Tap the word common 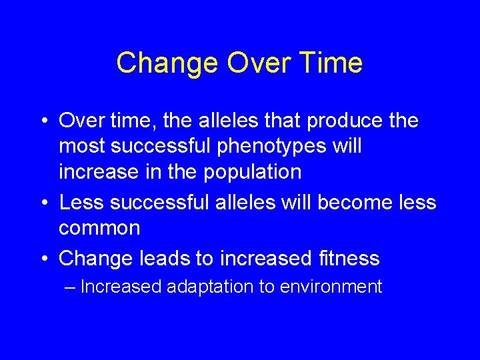pyautogui.click(x=99, y=228)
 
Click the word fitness pyautogui.click(x=346, y=258)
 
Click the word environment pyautogui.click(x=331, y=287)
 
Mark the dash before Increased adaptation pyautogui.click(x=71, y=287)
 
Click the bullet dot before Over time pyautogui.click(x=42, y=121)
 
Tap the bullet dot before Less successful pyautogui.click(x=42, y=203)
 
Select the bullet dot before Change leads pyautogui.click(x=42, y=259)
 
